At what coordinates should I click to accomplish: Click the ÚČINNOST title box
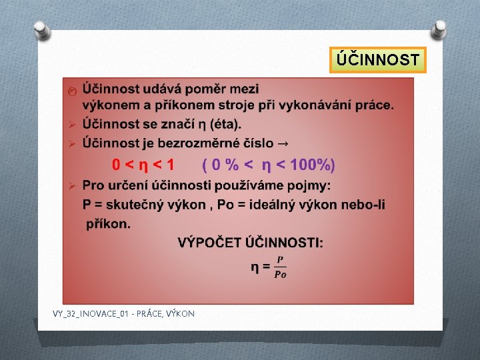(378, 60)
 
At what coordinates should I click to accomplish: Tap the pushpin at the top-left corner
(41, 29)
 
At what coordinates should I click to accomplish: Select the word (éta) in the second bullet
(225, 124)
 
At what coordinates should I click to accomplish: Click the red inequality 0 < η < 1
(143, 165)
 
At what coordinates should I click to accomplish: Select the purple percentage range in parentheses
(269, 165)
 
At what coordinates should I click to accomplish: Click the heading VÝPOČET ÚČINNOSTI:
(251, 243)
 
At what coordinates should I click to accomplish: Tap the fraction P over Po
(280, 267)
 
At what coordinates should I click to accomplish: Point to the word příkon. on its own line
(108, 223)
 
